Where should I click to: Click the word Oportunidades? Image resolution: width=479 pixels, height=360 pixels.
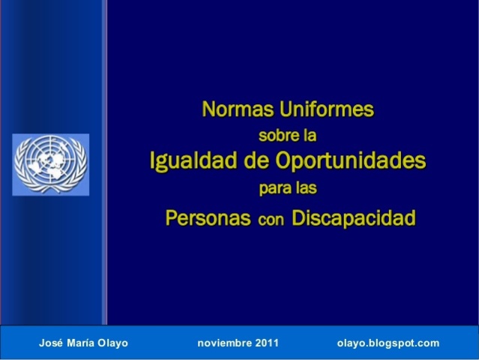351,161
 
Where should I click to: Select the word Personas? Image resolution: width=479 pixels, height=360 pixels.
208,218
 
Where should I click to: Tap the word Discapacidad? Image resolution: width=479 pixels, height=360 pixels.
352,218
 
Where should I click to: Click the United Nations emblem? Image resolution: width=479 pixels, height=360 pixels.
50,163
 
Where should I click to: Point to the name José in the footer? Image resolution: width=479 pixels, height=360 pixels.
51,343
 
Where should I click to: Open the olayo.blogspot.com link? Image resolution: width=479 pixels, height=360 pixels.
388,343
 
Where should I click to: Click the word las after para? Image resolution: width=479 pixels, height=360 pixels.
306,189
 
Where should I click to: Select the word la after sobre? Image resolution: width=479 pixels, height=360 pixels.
310,136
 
